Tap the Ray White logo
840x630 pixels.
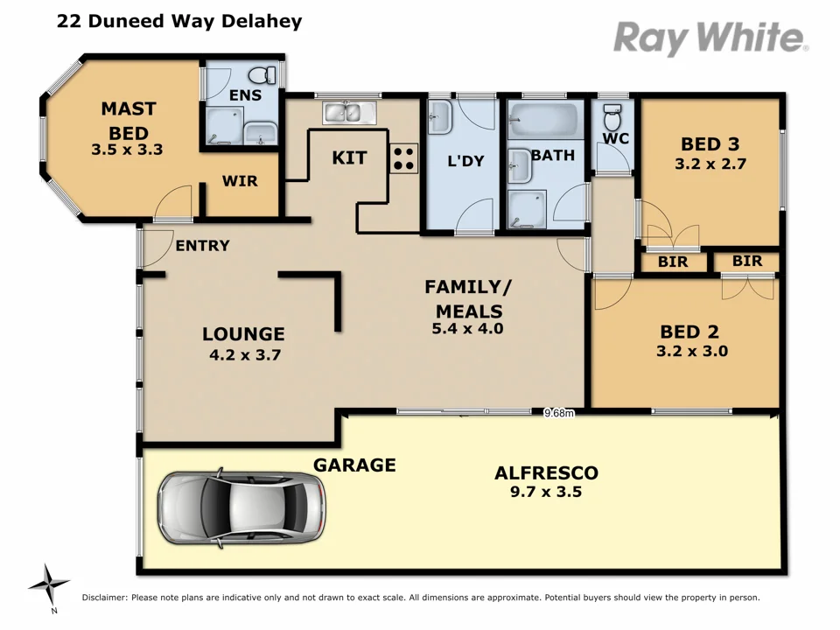[x=710, y=38]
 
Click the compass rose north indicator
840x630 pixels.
[x=50, y=584]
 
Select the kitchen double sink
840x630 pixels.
[x=348, y=112]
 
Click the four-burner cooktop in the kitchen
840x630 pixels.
[x=403, y=158]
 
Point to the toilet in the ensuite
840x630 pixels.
[x=262, y=75]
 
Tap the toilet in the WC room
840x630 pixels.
[x=612, y=115]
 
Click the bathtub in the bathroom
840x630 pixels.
[x=544, y=116]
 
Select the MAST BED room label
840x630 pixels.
[x=128, y=119]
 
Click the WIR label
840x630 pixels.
[x=239, y=181]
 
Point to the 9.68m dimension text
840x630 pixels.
[x=558, y=413]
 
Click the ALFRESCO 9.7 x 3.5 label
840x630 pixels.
[x=546, y=482]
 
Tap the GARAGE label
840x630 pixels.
[x=354, y=465]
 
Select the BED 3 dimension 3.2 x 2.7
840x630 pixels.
[x=710, y=163]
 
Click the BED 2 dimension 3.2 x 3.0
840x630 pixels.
[x=692, y=352]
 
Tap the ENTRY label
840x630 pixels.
[x=202, y=246]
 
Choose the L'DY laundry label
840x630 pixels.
[x=465, y=161]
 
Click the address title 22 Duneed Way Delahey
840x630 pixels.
[x=179, y=21]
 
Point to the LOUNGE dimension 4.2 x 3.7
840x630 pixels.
[x=243, y=354]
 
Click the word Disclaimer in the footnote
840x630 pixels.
[x=105, y=598]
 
